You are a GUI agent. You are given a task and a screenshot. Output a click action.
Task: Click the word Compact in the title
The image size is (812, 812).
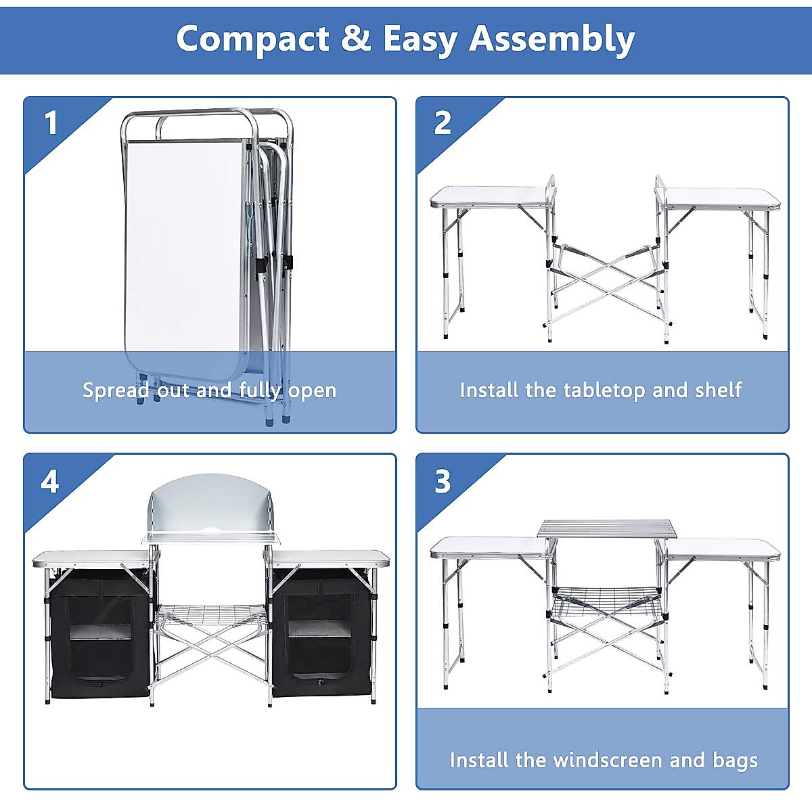coord(252,39)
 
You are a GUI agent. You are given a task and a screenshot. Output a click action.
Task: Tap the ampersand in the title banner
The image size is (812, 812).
coord(355,39)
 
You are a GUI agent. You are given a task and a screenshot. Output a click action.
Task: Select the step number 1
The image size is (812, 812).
coord(51,124)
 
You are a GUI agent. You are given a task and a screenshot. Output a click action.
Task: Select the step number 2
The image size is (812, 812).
coord(443,123)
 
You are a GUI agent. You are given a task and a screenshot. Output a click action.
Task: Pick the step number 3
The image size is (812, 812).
coord(443,482)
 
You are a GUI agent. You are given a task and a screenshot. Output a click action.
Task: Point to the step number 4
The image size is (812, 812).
coord(50,482)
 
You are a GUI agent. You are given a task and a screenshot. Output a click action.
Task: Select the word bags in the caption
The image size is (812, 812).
coord(735,760)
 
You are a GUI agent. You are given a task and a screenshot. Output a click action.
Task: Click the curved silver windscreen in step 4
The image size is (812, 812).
coord(213,504)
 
